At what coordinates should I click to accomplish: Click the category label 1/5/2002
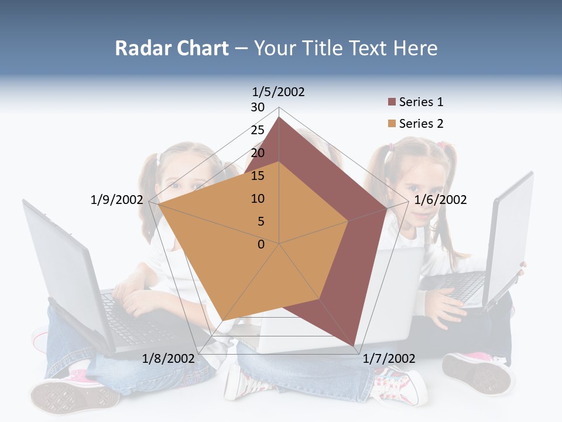(x=278, y=91)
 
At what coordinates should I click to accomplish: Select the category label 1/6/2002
(x=440, y=200)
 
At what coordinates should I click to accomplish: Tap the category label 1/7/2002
(x=389, y=359)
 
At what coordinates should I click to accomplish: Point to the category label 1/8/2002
(x=168, y=359)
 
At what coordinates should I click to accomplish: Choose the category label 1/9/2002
(x=116, y=200)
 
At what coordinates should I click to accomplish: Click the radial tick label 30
(x=258, y=107)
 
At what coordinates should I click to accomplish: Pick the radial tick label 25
(x=258, y=130)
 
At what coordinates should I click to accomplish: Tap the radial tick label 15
(x=258, y=176)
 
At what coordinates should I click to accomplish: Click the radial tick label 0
(x=261, y=244)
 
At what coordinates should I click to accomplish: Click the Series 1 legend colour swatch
(x=392, y=103)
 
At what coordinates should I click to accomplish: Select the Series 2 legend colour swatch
(x=392, y=124)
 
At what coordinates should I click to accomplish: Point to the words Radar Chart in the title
(x=172, y=48)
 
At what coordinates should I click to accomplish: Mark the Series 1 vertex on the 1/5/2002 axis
(x=279, y=117)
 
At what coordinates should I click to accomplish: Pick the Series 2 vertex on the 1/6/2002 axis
(x=348, y=221)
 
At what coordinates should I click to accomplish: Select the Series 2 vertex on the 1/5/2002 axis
(x=279, y=162)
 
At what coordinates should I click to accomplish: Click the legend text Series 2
(x=421, y=124)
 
